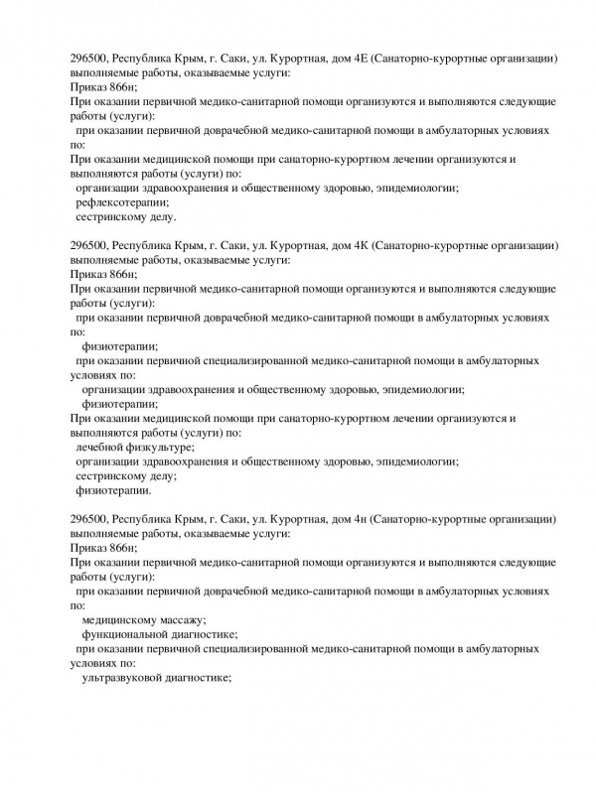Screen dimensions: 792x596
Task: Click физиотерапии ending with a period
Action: pyautogui.click(x=114, y=490)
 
